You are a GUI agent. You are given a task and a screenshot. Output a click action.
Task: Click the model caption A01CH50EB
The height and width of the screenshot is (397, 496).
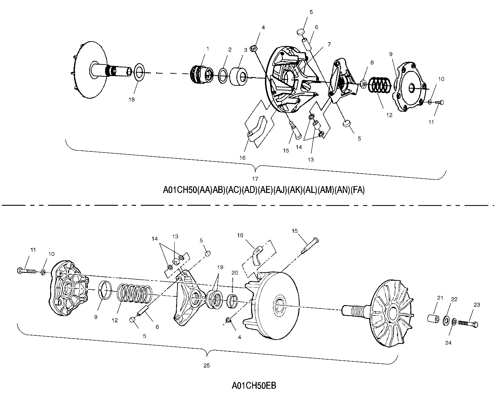click(x=254, y=385)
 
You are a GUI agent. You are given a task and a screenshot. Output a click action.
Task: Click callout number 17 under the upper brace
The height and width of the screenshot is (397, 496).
click(x=255, y=179)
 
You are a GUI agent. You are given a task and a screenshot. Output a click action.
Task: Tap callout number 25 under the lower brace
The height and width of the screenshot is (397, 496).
click(x=206, y=366)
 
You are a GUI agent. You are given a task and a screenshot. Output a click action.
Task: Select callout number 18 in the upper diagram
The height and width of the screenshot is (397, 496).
click(x=131, y=100)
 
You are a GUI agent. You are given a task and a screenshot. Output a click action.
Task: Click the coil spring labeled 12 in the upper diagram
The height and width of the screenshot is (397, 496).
click(x=379, y=85)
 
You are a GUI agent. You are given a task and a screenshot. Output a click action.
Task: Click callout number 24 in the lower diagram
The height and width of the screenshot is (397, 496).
click(x=448, y=343)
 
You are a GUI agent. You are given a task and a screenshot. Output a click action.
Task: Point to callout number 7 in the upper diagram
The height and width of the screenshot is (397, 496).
click(x=329, y=44)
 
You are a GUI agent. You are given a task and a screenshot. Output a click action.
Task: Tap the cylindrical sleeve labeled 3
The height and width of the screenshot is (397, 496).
click(x=239, y=77)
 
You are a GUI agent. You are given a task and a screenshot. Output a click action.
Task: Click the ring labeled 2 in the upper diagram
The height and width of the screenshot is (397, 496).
click(x=223, y=75)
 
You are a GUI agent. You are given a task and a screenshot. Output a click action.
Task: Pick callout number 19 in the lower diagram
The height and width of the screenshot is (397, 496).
click(x=220, y=267)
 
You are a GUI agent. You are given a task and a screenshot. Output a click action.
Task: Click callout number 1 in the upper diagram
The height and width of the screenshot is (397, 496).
click(x=208, y=49)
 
